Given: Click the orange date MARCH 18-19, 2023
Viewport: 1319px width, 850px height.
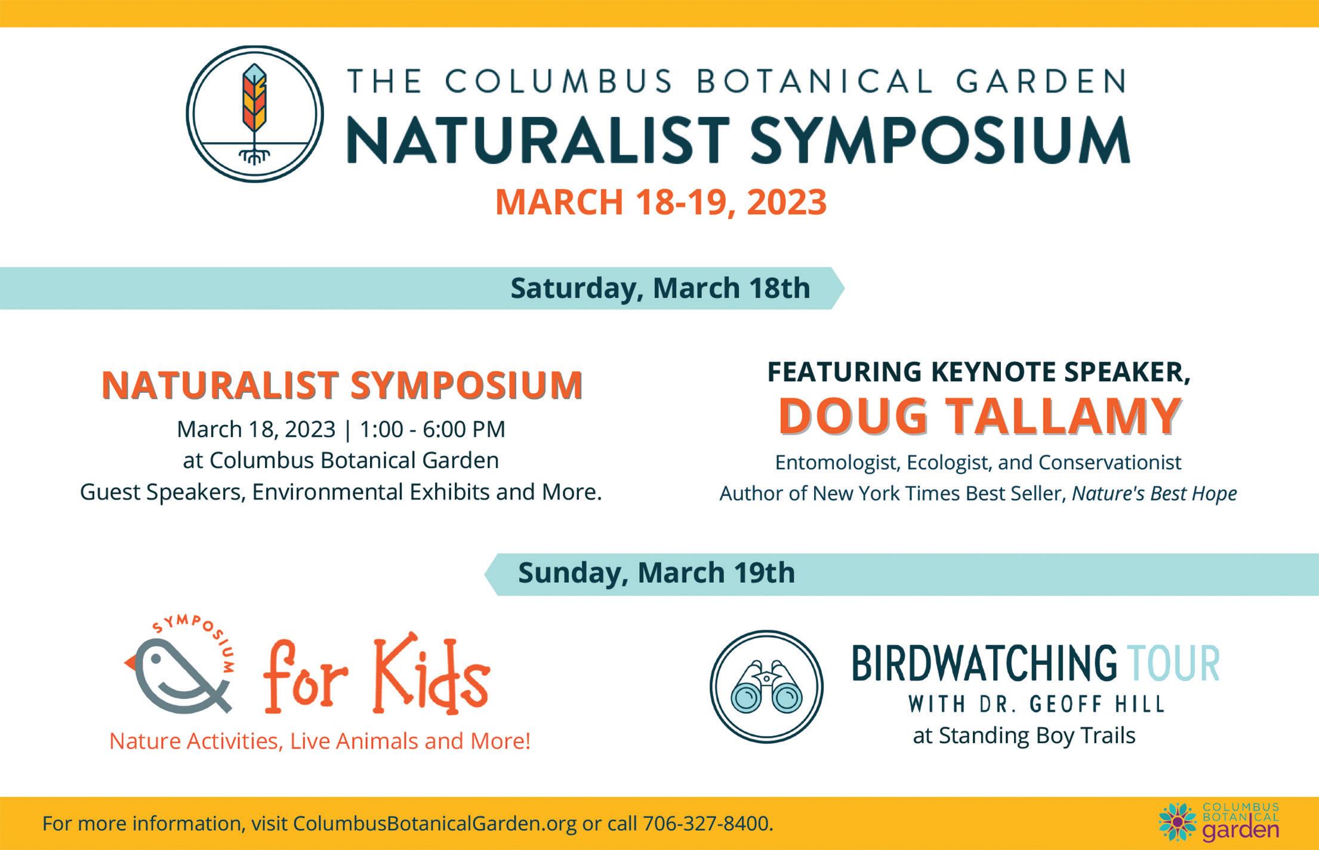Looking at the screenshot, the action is (x=661, y=202).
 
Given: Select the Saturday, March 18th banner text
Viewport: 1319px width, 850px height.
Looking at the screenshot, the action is (x=660, y=288).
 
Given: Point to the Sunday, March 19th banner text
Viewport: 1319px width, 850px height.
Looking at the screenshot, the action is (x=657, y=572).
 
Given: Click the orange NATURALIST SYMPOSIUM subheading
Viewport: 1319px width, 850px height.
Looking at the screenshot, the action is (x=342, y=385).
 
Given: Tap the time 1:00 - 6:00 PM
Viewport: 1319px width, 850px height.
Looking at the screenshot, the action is (x=432, y=429).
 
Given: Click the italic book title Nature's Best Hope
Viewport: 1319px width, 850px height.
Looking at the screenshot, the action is (x=1154, y=494).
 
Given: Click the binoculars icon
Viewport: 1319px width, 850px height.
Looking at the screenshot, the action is (x=766, y=686).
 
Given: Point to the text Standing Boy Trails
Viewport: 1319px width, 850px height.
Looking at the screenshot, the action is (x=1037, y=736).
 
